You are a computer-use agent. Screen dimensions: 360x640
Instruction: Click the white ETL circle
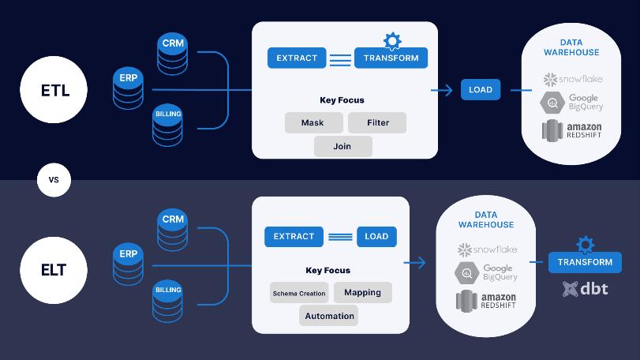[54, 90]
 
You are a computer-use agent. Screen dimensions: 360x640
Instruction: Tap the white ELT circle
[54, 270]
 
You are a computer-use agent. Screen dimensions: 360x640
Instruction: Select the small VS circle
[54, 180]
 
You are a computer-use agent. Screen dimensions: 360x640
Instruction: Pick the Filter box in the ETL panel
[377, 122]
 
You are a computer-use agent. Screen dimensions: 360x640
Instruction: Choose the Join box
[342, 146]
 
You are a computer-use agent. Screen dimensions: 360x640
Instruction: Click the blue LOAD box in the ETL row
[480, 89]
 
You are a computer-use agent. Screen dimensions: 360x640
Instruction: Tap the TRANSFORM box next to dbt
[585, 262]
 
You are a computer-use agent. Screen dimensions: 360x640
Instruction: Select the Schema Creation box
[298, 293]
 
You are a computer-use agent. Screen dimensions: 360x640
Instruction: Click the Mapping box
[362, 292]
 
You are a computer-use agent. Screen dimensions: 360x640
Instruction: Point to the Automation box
[328, 316]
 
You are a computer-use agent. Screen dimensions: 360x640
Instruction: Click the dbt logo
[585, 289]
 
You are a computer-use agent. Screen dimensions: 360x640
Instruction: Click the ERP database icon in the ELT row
[128, 264]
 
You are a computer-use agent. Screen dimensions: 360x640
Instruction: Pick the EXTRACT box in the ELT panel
[294, 236]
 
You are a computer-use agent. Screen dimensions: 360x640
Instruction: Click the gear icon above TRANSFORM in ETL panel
[391, 40]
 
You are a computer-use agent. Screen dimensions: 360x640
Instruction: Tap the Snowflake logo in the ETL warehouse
[571, 80]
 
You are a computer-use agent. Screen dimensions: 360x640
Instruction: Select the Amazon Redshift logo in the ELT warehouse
[485, 301]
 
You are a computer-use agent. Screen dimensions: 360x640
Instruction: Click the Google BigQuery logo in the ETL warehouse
[571, 103]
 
